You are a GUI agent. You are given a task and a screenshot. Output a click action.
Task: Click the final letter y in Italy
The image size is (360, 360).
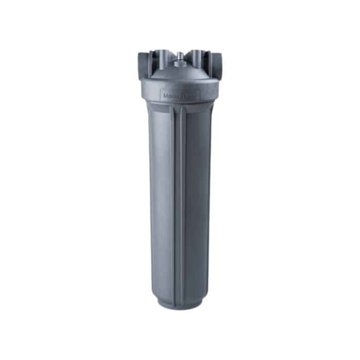[196, 96]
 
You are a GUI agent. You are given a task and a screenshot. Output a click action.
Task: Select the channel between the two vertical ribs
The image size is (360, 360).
[180, 206]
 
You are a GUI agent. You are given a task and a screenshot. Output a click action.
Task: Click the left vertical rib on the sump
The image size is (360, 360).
[175, 206]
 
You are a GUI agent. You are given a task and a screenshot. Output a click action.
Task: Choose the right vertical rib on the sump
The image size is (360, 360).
[185, 206]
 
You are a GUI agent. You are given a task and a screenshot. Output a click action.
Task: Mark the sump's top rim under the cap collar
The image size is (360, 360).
[180, 106]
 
